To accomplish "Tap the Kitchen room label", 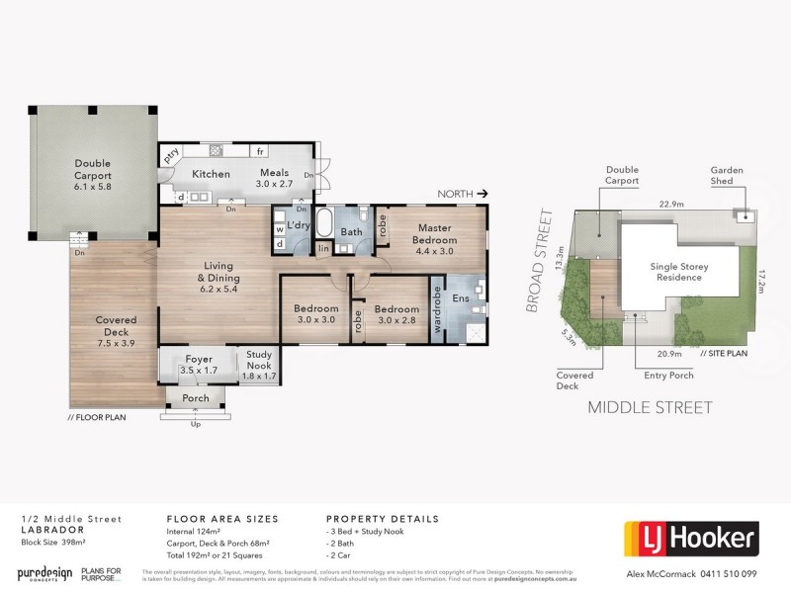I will [211, 174].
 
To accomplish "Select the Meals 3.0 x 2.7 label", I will [274, 178].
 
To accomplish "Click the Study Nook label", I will [259, 360].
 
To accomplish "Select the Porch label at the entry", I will [196, 399].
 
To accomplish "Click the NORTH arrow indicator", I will [465, 195].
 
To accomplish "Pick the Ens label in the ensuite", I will [460, 297].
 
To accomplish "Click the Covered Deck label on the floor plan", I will [116, 326].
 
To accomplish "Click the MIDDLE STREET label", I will [650, 407].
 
